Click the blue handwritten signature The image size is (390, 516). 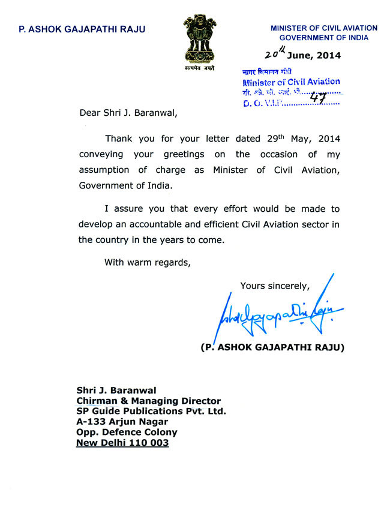pyautogui.click(x=276, y=314)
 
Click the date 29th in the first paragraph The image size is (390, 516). pyautogui.click(x=276, y=138)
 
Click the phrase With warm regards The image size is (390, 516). pyautogui.click(x=148, y=262)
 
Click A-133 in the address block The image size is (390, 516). pyautogui.click(x=91, y=422)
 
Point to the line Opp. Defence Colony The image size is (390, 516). pyautogui.click(x=127, y=433)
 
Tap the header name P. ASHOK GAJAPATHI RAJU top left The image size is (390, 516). pyautogui.click(x=82, y=29)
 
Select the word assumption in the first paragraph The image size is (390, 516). pyautogui.click(x=105, y=170)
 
